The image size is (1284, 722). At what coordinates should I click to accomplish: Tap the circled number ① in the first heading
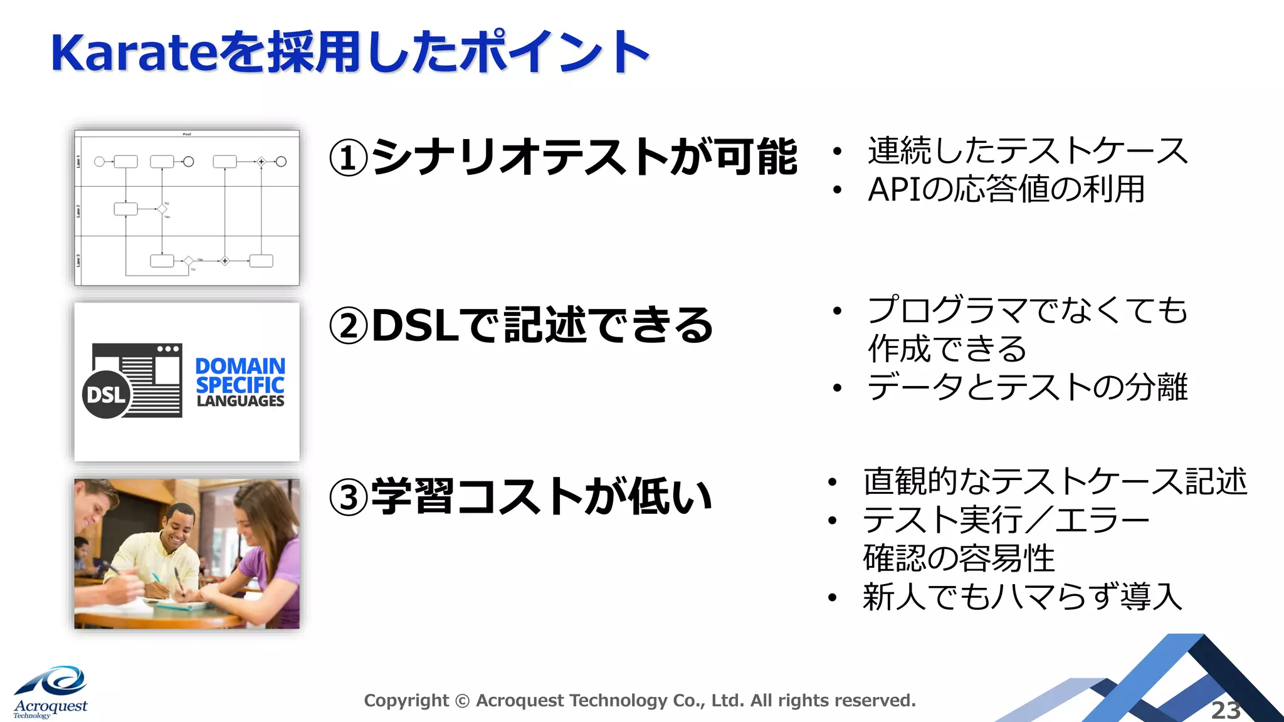(x=348, y=158)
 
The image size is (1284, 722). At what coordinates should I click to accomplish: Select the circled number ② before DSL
(x=348, y=327)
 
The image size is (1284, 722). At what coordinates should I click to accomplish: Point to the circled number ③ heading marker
(x=348, y=498)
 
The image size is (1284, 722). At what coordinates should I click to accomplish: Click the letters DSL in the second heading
(x=415, y=327)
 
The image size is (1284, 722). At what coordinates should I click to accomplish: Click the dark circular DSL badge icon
(x=106, y=395)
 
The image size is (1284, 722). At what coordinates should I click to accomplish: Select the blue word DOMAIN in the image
(x=240, y=366)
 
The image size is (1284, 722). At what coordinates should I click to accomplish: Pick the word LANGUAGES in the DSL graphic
(x=240, y=401)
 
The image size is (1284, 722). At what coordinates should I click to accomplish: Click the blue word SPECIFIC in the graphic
(x=240, y=384)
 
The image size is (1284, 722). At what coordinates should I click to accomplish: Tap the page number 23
(x=1225, y=710)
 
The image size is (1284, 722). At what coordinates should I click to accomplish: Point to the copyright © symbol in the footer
(x=462, y=701)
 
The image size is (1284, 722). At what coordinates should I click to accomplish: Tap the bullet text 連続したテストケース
(x=1027, y=151)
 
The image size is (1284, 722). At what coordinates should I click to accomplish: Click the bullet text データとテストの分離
(x=1027, y=387)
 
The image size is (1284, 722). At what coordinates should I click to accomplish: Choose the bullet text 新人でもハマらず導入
(x=1023, y=597)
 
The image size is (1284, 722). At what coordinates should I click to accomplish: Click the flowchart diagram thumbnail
(x=187, y=207)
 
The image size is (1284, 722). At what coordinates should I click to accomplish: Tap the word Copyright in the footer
(x=406, y=701)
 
